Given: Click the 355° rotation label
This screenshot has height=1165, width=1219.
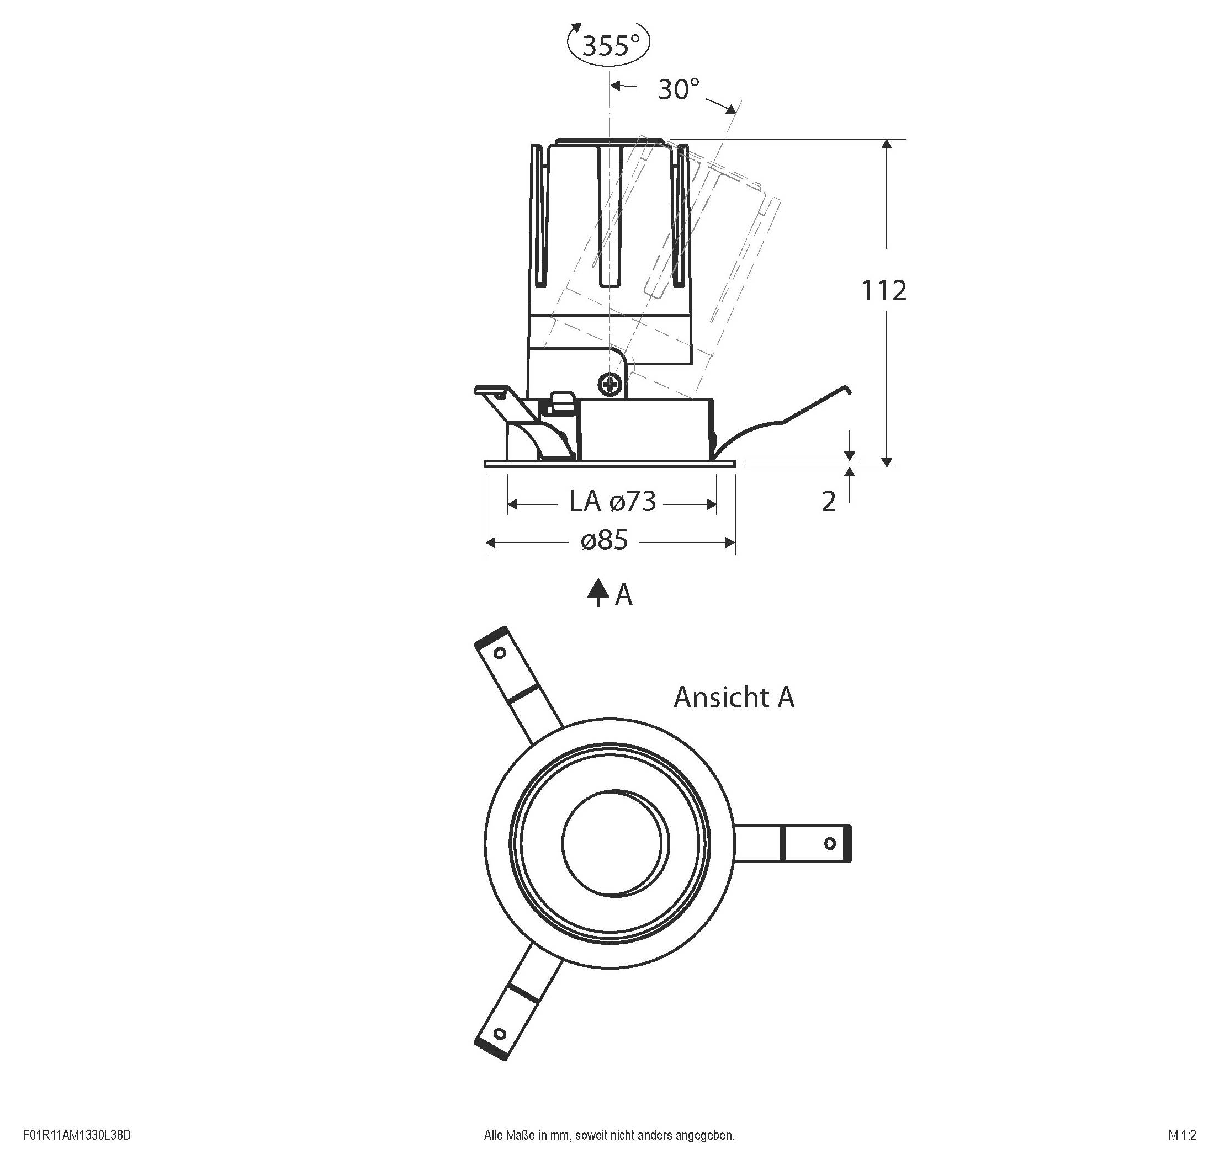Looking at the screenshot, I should tap(611, 45).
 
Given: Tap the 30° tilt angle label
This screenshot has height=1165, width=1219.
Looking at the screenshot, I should tap(678, 90).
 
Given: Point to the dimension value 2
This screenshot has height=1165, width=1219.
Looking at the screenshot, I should tap(828, 502).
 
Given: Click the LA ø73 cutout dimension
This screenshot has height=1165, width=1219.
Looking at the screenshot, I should tap(612, 501).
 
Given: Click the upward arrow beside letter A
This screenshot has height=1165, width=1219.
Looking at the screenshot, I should tap(598, 592).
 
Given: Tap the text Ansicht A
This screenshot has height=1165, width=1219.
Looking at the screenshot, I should tap(733, 698).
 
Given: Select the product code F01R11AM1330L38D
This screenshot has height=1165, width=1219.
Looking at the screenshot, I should tap(77, 1135).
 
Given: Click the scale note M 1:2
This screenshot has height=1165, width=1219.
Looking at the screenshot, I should tap(1181, 1135).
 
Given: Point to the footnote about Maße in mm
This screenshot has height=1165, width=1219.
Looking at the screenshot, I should tap(609, 1135).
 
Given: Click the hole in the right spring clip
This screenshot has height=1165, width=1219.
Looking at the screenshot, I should tap(829, 843).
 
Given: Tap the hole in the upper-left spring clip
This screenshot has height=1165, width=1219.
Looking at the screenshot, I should tap(499, 653).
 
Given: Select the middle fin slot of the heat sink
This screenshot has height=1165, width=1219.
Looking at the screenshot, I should tap(609, 217).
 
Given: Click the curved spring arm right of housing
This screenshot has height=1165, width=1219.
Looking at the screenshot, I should tap(783, 422).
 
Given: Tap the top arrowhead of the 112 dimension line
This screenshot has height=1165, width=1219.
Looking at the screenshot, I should tap(887, 145).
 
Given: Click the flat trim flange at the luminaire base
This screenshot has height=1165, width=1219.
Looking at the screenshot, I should tap(609, 463).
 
